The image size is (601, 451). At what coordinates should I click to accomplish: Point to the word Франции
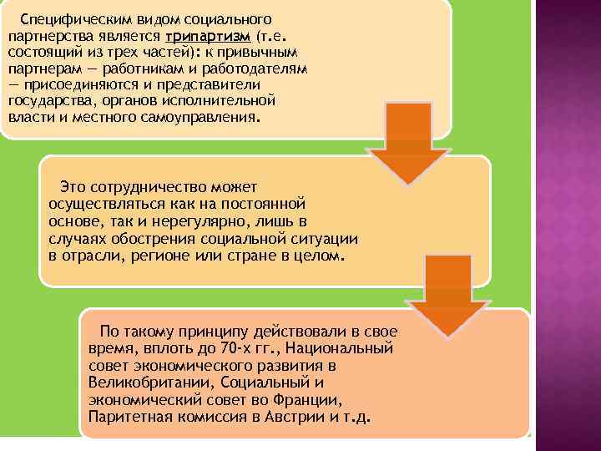point(315,399)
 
